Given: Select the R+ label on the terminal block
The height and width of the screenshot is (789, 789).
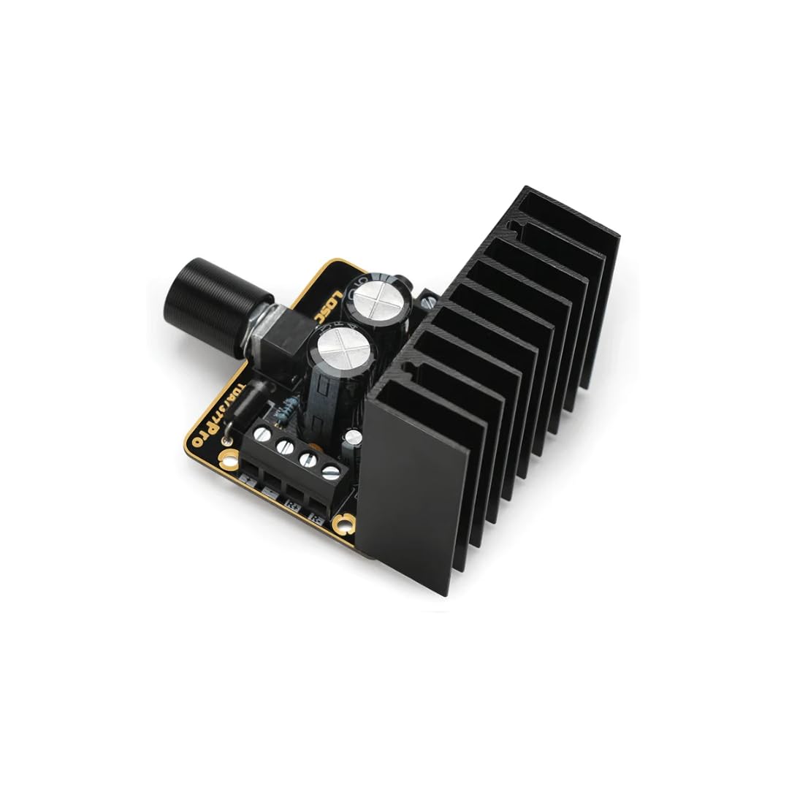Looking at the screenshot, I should click(x=294, y=505).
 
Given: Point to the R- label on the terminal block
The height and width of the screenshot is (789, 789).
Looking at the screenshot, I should click(x=316, y=517).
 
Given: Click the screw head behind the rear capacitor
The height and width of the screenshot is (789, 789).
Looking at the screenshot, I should click(x=427, y=299).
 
